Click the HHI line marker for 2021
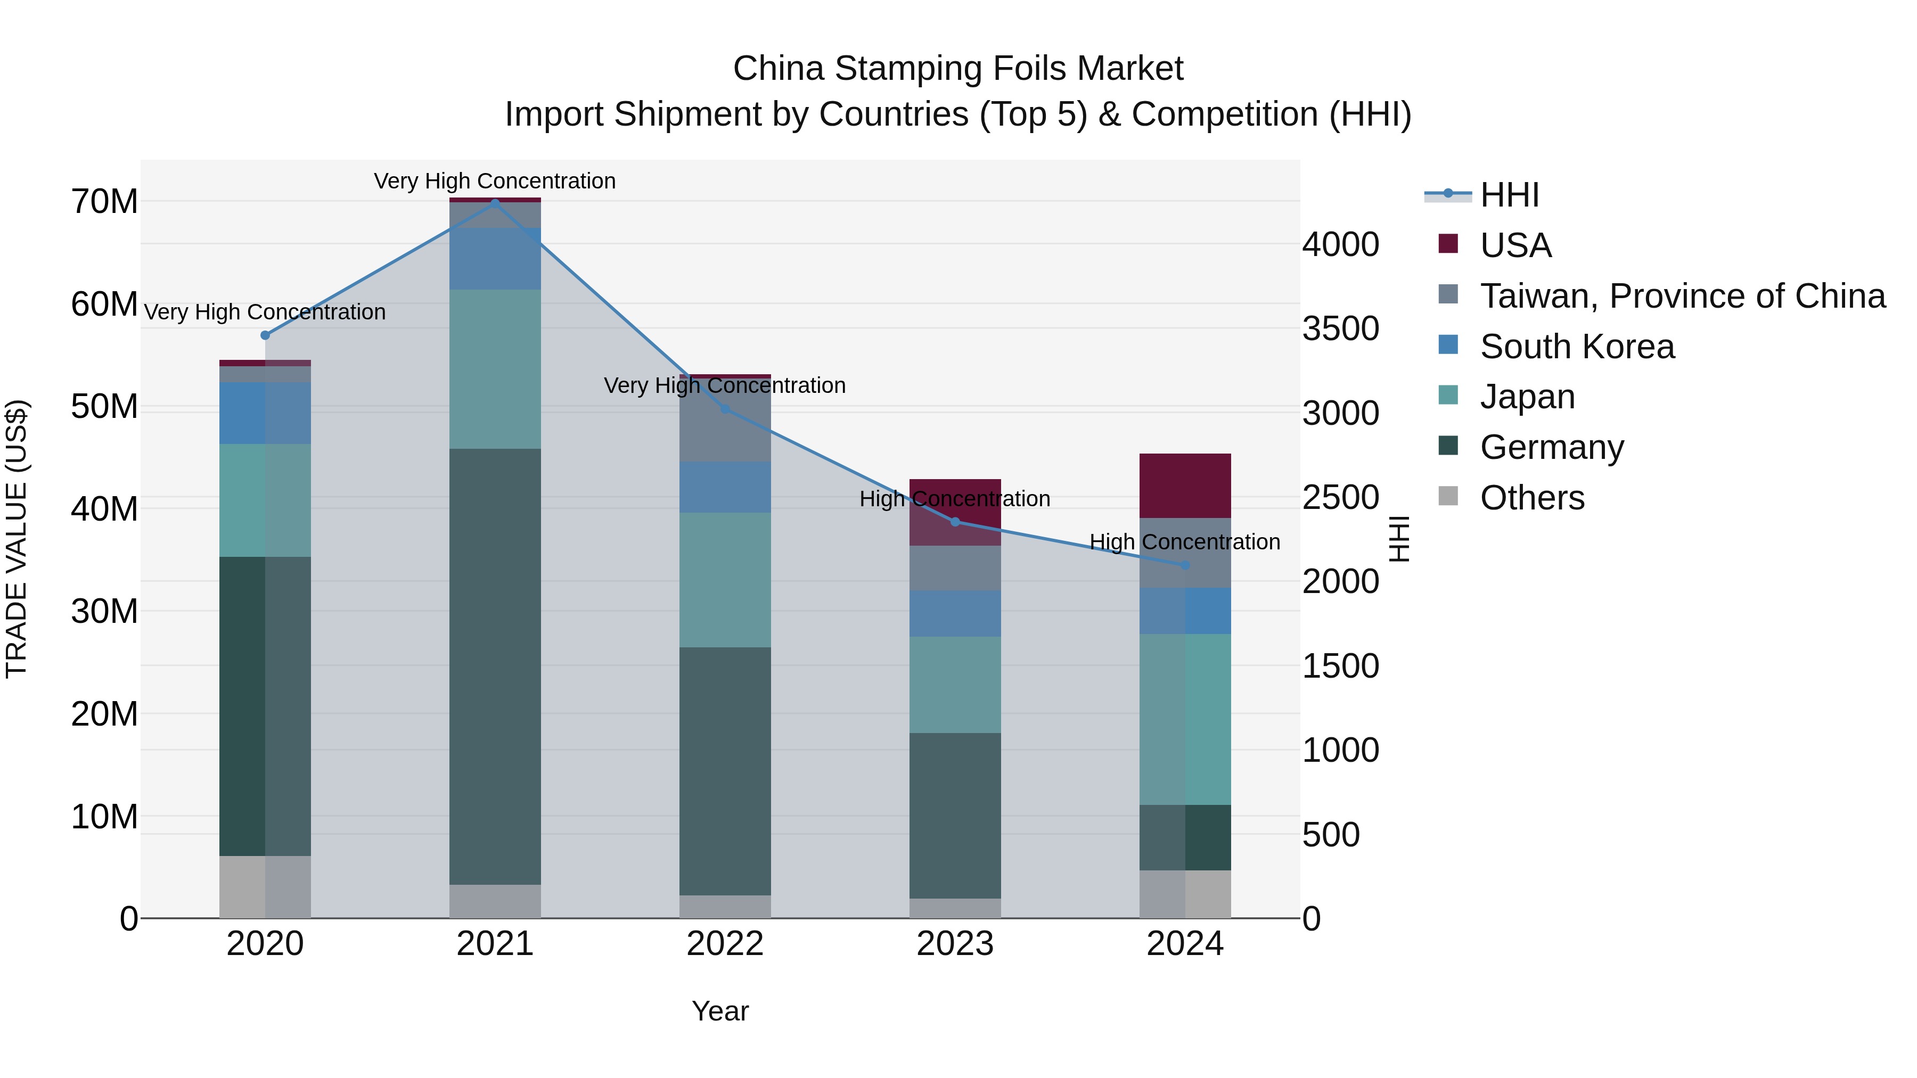[495, 202]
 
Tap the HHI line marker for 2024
[1185, 565]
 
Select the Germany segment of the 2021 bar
[495, 666]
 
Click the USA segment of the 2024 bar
[1185, 485]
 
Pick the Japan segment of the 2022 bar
[725, 580]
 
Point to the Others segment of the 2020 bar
[265, 887]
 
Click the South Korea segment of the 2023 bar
[955, 613]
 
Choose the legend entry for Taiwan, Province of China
[1682, 296]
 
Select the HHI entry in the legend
[1509, 195]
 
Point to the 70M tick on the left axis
[104, 202]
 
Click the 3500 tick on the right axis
[1340, 329]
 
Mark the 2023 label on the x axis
[955, 944]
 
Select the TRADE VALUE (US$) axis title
[17, 539]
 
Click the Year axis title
[719, 1011]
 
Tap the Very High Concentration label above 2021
[495, 181]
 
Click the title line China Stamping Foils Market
[958, 69]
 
